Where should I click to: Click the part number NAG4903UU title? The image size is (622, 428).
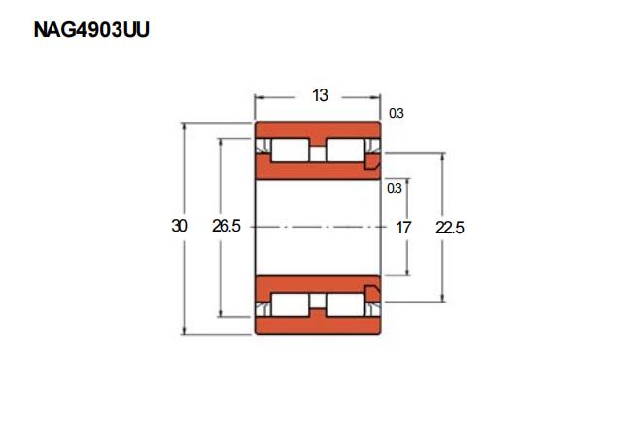91,30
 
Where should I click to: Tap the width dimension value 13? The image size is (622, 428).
320,95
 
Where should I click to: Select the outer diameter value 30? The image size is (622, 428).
179,226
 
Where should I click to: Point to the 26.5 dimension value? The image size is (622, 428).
226,226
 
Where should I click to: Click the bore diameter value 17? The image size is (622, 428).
403,228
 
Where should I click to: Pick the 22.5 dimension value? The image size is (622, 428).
449,228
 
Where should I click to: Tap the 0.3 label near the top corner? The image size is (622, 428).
396,113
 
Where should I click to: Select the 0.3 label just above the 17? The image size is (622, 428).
395,188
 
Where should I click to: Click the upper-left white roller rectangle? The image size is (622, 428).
290,151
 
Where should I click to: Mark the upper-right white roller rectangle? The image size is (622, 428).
345,151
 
